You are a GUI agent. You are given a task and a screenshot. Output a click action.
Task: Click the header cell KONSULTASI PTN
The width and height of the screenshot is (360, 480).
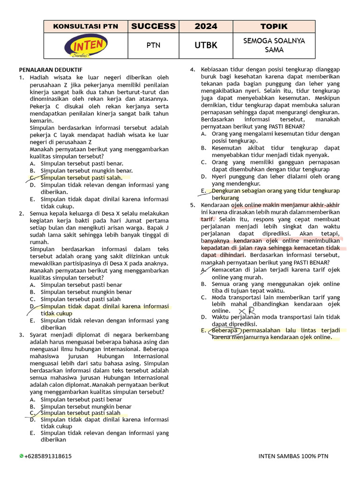(x=86, y=26)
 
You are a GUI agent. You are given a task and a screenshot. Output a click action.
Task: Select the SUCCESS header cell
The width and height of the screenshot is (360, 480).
(x=153, y=26)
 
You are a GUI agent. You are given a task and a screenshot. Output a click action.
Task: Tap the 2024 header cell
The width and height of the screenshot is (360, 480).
(x=206, y=26)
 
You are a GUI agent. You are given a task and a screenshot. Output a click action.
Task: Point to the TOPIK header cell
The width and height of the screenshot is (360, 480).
(x=274, y=26)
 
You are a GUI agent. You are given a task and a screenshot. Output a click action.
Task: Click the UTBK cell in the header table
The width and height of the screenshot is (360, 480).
(x=206, y=45)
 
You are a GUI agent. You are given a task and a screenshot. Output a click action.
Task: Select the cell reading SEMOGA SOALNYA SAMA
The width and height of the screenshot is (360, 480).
(x=274, y=45)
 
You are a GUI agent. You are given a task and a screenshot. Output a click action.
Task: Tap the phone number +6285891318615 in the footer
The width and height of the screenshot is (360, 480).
(x=49, y=456)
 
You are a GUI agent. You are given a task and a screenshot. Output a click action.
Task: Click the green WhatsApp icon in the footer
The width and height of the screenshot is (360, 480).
(x=22, y=456)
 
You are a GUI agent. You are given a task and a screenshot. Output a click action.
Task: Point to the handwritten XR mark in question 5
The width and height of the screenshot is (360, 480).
(x=247, y=311)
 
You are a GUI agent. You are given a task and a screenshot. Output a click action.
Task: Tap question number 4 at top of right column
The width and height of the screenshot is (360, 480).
(x=192, y=69)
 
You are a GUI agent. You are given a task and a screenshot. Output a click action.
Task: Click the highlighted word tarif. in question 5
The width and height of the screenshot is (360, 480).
(x=208, y=219)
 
